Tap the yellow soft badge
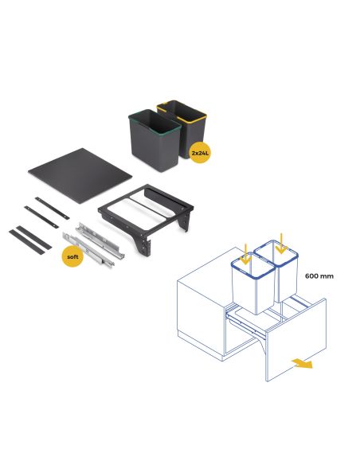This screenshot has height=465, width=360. (74, 256)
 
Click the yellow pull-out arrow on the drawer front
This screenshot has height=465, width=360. (300, 364)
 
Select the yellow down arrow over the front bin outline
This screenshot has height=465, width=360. (247, 254)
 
